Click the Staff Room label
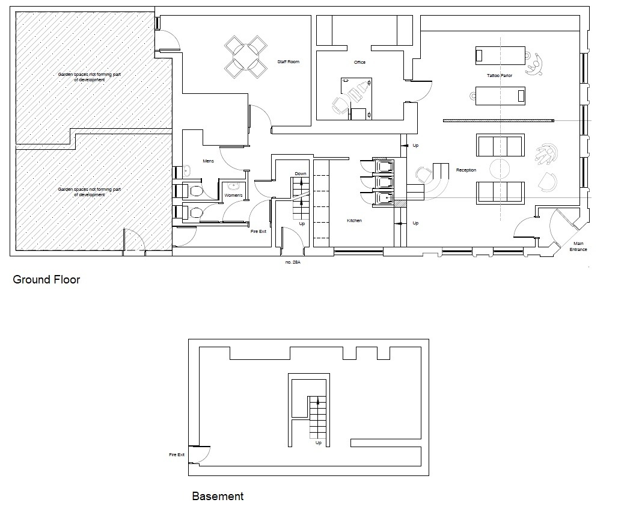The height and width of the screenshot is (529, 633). point(288,62)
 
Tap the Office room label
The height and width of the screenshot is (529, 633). point(359,62)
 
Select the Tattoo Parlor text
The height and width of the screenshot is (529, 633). point(500,76)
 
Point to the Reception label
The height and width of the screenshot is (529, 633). point(466,170)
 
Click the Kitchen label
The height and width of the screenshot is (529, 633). point(355,221)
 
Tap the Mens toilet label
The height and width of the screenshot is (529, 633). point(209,161)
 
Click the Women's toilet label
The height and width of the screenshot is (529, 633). point(233,196)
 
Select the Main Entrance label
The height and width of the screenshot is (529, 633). point(578,247)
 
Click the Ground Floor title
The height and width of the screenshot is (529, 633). point(46,280)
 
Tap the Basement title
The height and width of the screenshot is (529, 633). point(218,497)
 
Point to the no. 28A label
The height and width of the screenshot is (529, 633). point(293,262)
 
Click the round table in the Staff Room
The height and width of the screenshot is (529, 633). point(246,57)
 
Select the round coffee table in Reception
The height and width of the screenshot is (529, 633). point(500,169)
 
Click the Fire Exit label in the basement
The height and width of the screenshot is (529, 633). point(177,454)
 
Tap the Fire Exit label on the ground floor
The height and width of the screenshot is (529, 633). point(258,232)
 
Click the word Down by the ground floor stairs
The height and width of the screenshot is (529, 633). point(301,174)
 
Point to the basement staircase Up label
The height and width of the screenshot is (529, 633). point(319,443)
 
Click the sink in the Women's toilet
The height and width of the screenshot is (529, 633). point(233,187)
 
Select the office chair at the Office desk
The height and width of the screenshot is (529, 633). point(340,105)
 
